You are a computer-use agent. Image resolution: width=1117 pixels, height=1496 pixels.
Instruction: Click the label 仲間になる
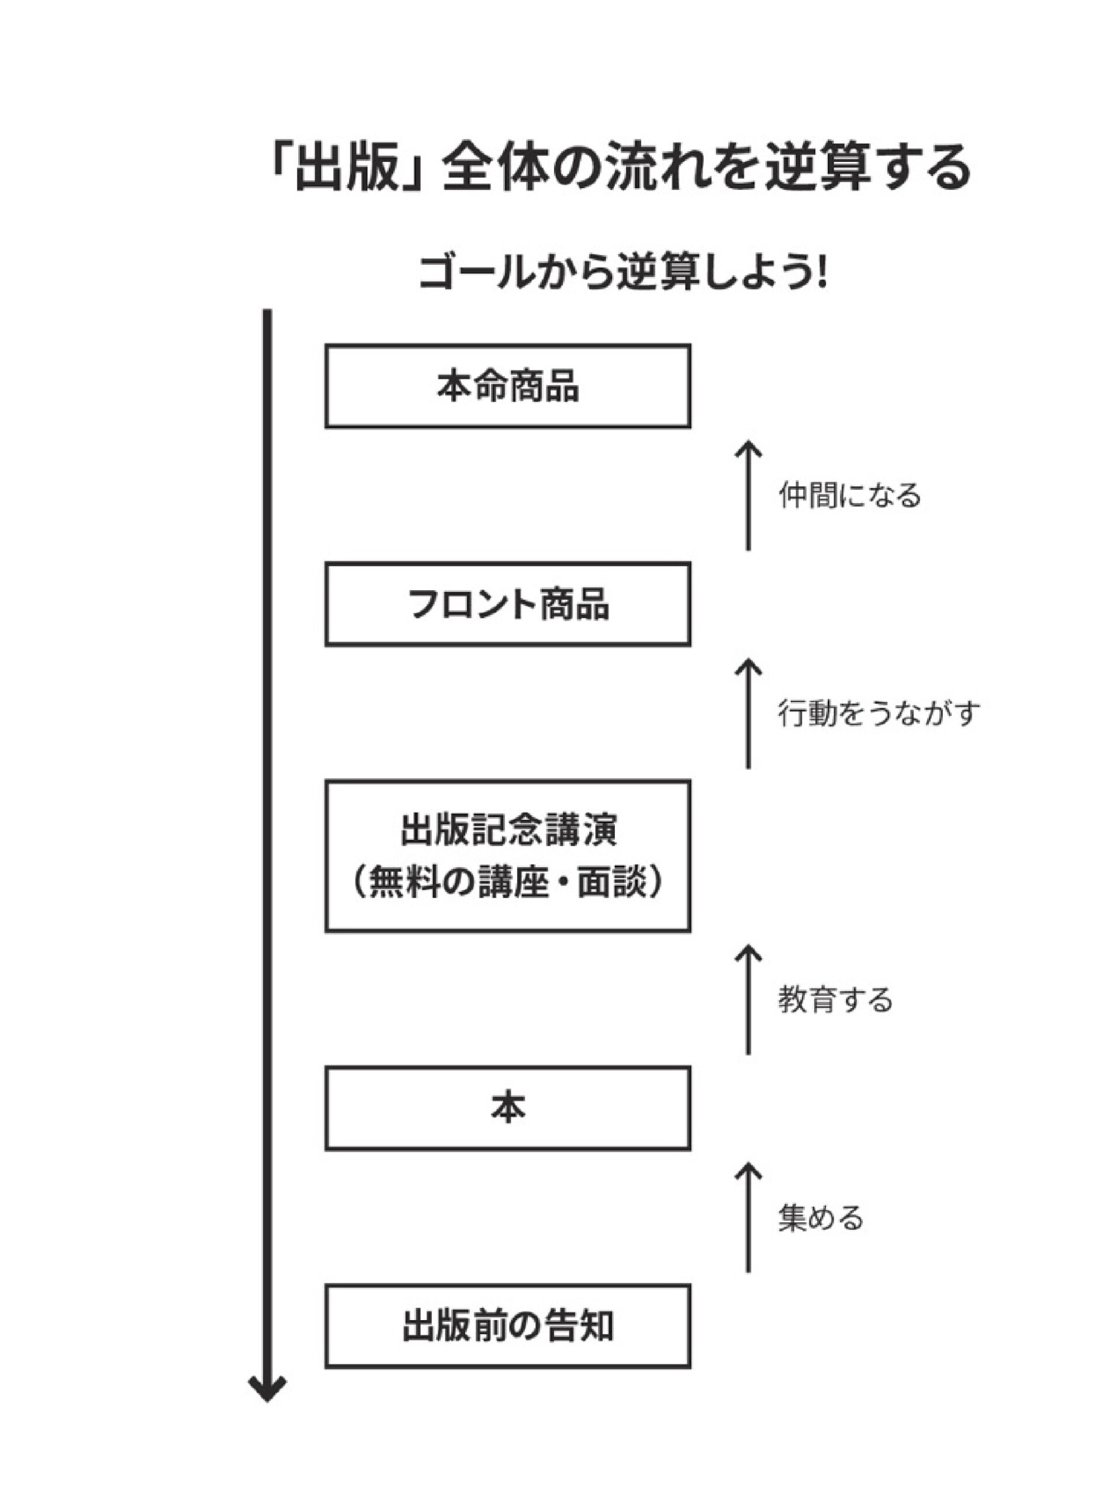pyautogui.click(x=850, y=495)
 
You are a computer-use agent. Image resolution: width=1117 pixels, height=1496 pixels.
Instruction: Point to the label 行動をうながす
pyautogui.click(x=879, y=713)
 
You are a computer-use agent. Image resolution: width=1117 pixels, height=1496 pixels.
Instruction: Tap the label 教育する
pyautogui.click(x=836, y=1000)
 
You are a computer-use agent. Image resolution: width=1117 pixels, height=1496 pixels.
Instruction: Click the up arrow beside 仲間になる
pyautogui.click(x=748, y=495)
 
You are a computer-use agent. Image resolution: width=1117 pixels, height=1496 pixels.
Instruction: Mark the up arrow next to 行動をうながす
pyautogui.click(x=748, y=714)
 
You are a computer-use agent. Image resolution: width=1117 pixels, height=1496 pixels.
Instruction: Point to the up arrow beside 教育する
pyautogui.click(x=748, y=1000)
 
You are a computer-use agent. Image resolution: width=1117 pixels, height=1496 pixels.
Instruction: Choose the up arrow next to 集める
pyautogui.click(x=748, y=1218)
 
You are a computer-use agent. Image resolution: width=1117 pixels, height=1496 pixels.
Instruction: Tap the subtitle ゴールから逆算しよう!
pyautogui.click(x=623, y=273)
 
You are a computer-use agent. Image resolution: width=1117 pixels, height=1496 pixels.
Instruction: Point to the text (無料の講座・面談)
pyautogui.click(x=508, y=884)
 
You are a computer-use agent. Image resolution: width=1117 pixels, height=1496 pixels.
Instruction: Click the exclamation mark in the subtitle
pyautogui.click(x=821, y=273)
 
